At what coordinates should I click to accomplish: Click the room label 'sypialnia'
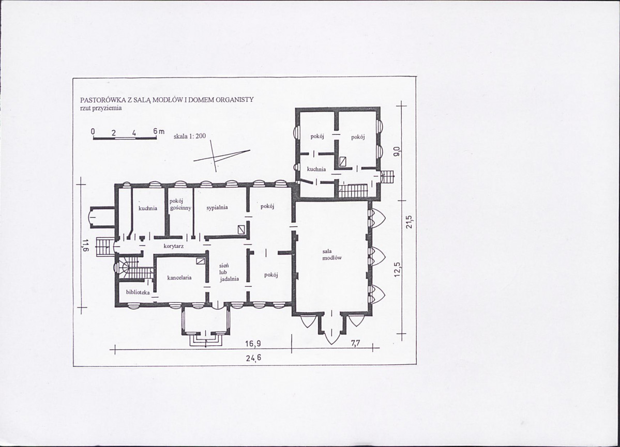point(217,208)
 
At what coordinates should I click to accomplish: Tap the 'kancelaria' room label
point(179,278)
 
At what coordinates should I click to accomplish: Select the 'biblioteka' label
point(138,292)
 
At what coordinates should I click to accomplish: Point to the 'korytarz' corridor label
point(174,246)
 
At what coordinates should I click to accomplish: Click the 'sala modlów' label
point(332,255)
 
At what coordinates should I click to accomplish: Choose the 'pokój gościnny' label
point(180,205)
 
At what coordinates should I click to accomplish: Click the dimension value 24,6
point(253,358)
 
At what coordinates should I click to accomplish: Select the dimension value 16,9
point(253,344)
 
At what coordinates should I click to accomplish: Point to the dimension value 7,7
point(356,343)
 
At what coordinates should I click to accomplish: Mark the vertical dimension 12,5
point(398,270)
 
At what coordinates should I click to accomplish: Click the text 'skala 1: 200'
point(190,136)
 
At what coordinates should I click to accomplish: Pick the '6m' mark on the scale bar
point(159,131)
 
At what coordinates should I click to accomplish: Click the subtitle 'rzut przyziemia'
point(101,107)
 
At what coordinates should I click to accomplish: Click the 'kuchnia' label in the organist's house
point(316,169)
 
